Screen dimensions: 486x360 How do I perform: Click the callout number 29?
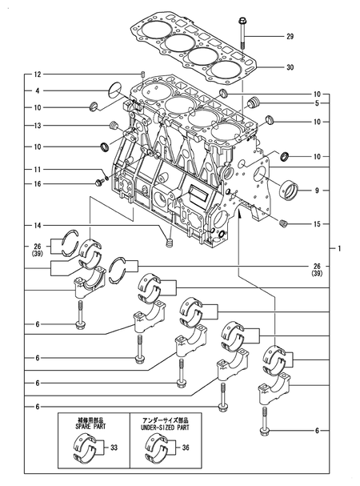coord(290,36)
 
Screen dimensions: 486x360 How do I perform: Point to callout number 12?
coord(37,74)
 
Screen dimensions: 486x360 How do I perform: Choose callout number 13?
coord(37,126)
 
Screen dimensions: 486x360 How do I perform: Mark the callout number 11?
coord(37,170)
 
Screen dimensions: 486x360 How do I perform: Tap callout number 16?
coord(37,184)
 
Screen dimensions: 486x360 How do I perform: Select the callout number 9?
coord(318,191)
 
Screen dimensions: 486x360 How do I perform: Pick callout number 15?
coord(318,223)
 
